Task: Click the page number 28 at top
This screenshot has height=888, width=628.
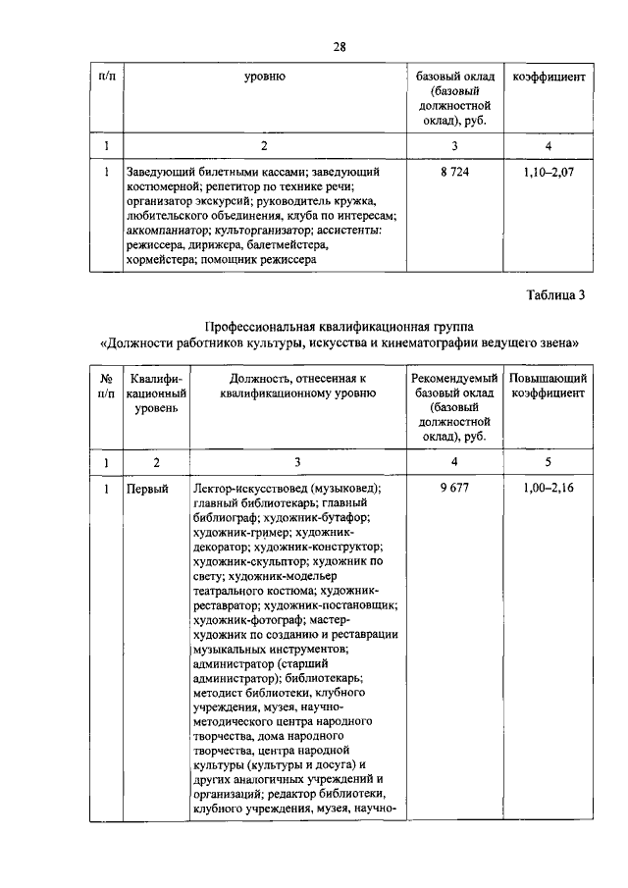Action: (340, 45)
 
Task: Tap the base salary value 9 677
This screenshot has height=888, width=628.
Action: (453, 488)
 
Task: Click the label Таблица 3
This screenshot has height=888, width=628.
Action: (554, 297)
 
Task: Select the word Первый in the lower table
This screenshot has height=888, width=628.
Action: (147, 488)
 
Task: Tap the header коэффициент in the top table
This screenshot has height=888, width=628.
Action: (549, 76)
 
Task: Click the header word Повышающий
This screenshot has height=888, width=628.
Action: (549, 379)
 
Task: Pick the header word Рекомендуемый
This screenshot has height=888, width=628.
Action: (453, 379)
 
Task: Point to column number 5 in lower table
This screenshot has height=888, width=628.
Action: (549, 460)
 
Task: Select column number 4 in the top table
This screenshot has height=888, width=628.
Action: (549, 145)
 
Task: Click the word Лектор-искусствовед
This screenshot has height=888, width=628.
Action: (252, 488)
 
